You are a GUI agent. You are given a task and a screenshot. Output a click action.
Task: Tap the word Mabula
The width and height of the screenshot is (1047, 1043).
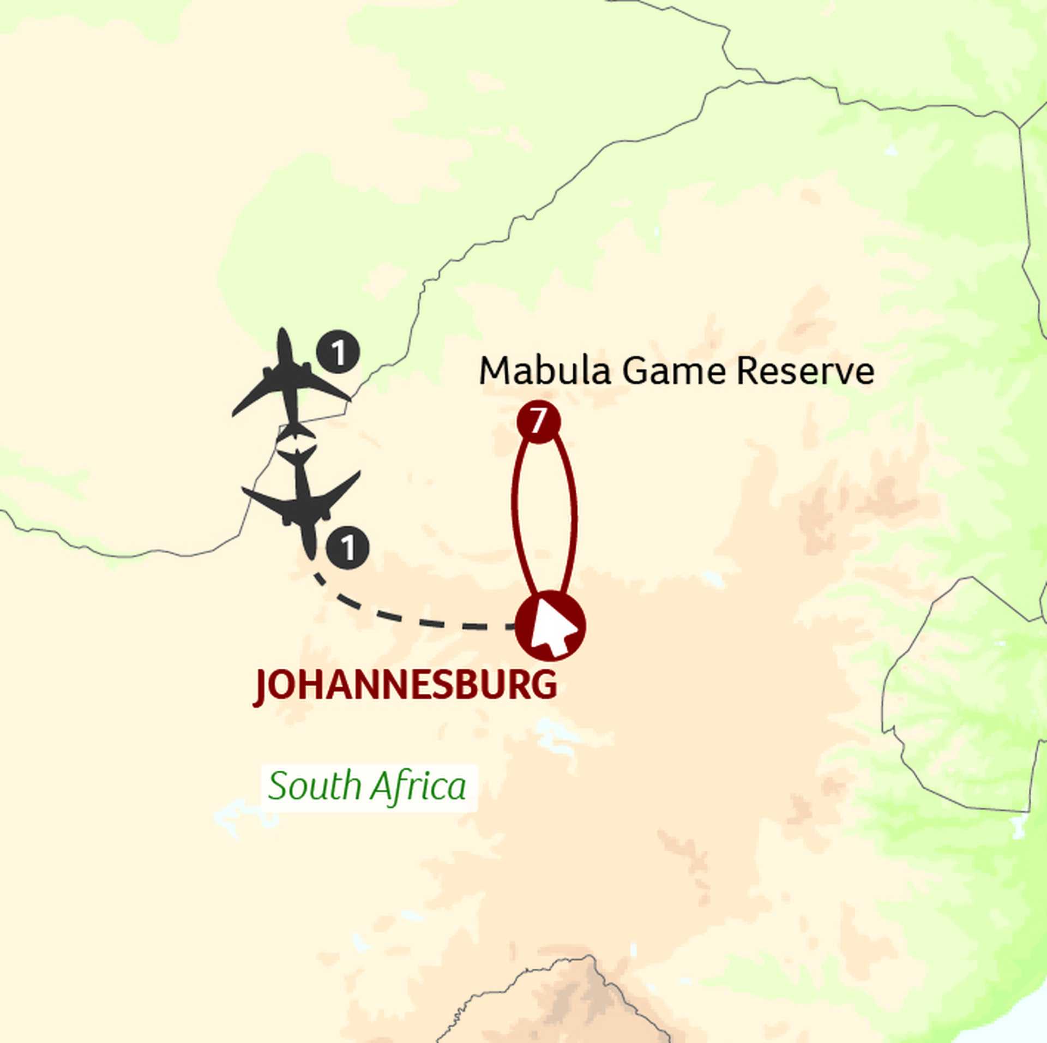coord(544,371)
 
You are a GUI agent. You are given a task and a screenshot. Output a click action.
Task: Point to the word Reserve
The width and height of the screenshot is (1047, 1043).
coord(805,371)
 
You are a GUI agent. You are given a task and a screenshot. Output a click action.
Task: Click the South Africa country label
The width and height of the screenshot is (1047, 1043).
coord(368,787)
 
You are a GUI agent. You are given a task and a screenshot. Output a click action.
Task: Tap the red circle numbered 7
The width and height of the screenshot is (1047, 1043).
coord(538,422)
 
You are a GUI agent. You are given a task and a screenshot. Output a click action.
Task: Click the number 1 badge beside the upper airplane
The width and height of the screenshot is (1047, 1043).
coord(338,352)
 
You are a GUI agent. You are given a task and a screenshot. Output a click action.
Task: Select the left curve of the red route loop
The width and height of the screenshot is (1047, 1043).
coord(513,507)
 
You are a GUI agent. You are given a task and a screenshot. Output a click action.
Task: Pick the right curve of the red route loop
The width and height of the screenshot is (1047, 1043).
coord(575,507)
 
